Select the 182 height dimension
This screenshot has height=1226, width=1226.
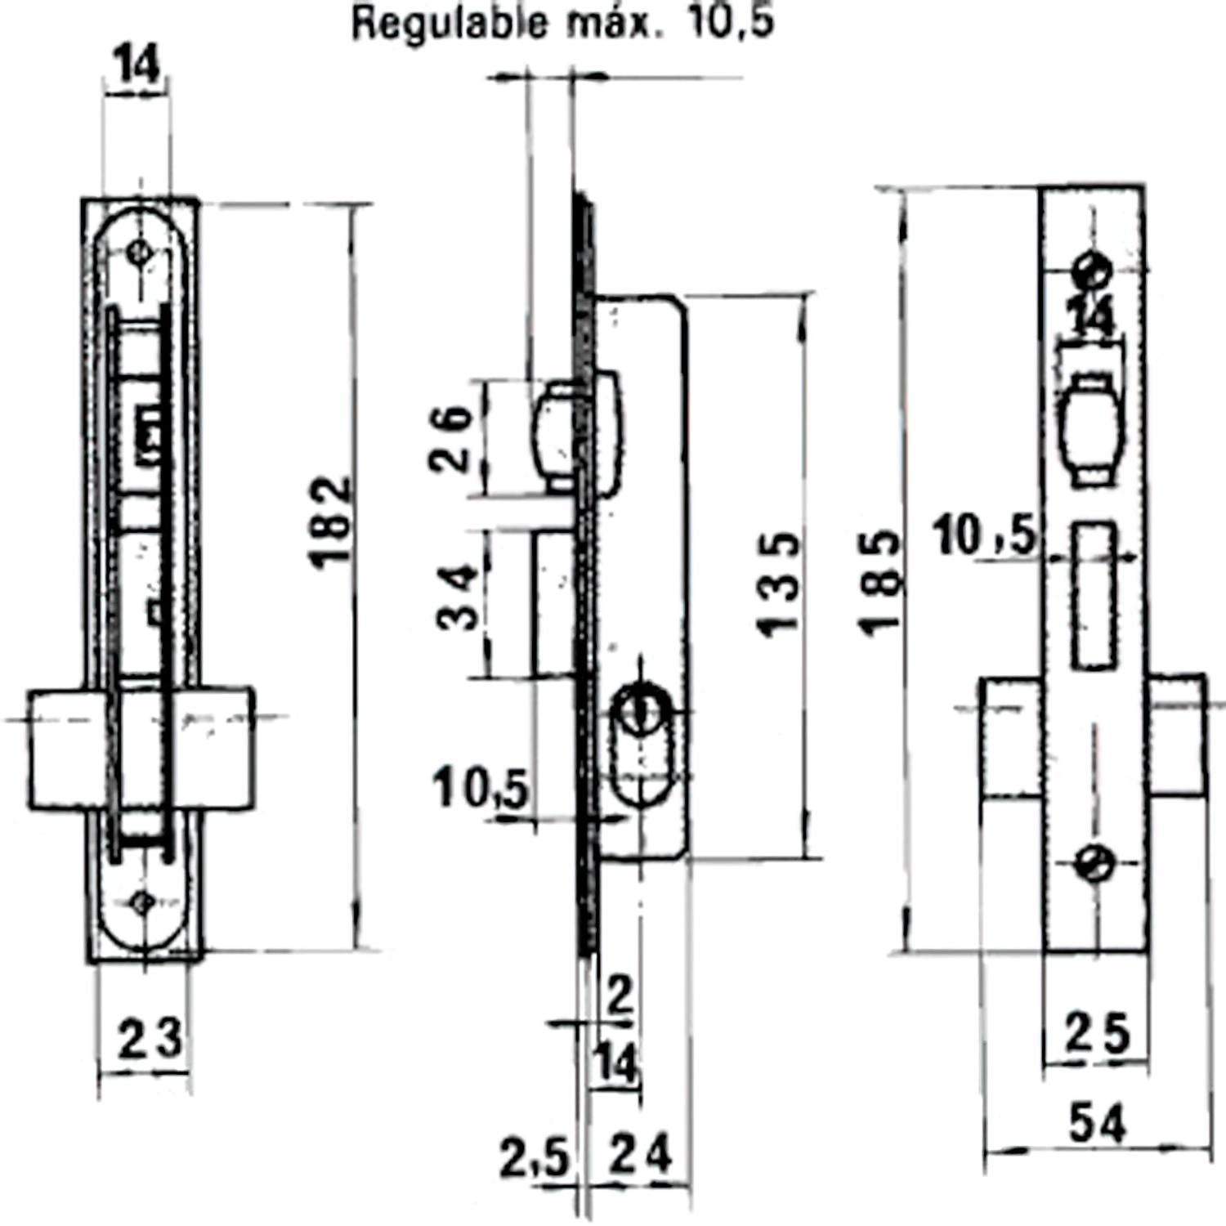click(x=333, y=521)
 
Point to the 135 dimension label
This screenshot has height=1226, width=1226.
click(x=777, y=584)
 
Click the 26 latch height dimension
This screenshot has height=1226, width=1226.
click(x=451, y=438)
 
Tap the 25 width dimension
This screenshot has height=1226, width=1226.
click(x=1096, y=1034)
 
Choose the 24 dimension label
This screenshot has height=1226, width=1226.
click(x=642, y=1154)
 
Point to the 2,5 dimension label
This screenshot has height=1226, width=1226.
click(x=534, y=1157)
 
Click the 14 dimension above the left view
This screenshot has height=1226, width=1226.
click(x=137, y=65)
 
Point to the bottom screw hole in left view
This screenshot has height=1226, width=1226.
click(x=141, y=902)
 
